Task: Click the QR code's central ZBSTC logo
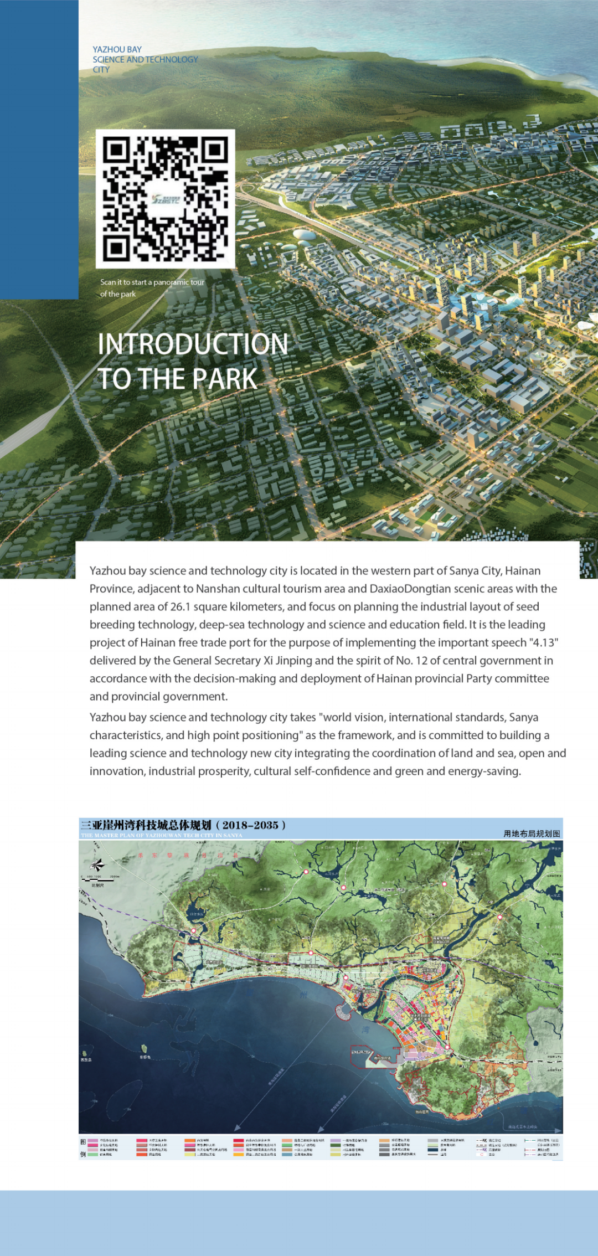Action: [166, 198]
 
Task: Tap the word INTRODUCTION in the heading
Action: [193, 344]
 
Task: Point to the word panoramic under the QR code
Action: [171, 282]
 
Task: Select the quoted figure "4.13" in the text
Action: [544, 642]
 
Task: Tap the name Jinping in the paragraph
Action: [293, 660]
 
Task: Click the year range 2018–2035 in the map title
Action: [250, 825]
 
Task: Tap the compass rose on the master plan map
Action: [97, 864]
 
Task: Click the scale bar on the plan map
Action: [100, 878]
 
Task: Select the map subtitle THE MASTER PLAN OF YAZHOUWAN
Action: [161, 835]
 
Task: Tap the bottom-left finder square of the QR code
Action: [117, 247]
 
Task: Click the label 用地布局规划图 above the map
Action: [532, 833]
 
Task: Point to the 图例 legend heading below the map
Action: [83, 1148]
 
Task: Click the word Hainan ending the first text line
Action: [523, 570]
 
